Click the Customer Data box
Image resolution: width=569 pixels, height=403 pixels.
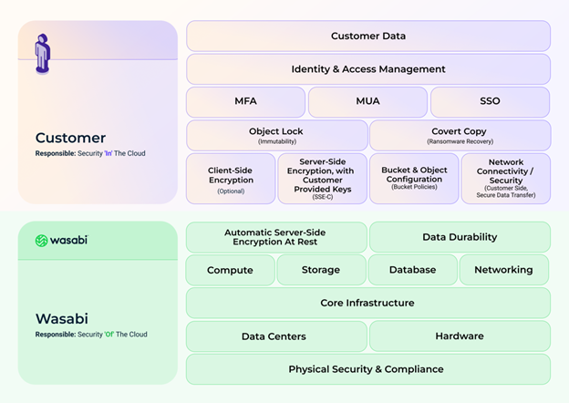[x=368, y=36]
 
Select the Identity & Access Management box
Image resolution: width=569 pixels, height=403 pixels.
[x=368, y=69]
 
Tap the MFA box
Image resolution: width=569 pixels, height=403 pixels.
[x=245, y=102]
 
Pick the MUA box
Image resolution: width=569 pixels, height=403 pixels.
[x=367, y=102]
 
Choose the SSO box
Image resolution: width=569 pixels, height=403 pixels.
[x=490, y=102]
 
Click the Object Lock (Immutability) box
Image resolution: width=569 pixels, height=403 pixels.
[x=276, y=136]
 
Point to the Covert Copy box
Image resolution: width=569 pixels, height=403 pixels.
[x=460, y=136]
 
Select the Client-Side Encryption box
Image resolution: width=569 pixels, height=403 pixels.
[x=231, y=179]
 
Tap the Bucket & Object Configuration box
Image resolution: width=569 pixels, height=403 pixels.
[x=414, y=179]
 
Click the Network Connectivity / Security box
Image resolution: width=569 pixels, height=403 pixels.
[x=505, y=179]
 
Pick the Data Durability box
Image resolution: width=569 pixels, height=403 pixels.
[x=460, y=237]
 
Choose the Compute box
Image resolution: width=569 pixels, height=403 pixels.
[x=231, y=270]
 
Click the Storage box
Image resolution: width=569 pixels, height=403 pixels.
[x=321, y=270]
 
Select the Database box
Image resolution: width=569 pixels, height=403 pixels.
[x=412, y=270]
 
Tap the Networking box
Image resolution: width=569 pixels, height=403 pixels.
[x=503, y=270]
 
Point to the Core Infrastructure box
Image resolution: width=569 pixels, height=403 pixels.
[x=367, y=303]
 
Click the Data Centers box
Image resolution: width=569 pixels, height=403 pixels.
[x=276, y=336]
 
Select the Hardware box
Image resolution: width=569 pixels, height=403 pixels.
[x=460, y=336]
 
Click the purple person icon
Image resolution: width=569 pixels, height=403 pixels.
[x=43, y=53]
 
